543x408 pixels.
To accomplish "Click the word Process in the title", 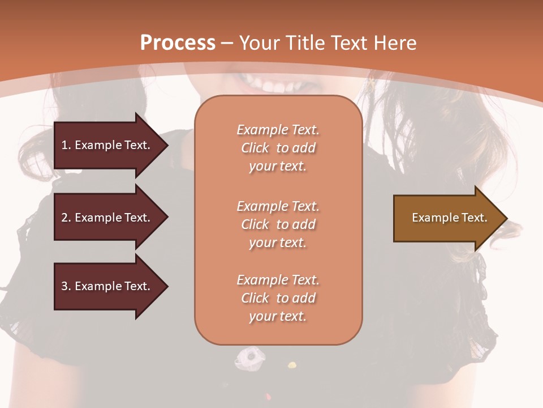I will (178, 42).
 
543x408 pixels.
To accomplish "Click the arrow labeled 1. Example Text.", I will (107, 145).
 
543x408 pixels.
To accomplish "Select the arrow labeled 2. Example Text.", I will (107, 218).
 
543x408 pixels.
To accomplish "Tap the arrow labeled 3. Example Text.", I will (107, 286).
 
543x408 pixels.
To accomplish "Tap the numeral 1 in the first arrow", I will (64, 145).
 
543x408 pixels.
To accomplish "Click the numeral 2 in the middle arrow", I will (64, 218).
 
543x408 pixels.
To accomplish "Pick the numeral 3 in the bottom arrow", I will (64, 286).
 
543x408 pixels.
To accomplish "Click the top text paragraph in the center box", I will (278, 148).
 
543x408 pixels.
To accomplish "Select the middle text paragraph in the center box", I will (278, 224).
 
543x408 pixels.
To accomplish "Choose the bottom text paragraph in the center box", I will (278, 298).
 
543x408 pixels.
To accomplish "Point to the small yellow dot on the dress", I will (292, 364).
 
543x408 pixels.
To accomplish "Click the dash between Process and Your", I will (227, 43).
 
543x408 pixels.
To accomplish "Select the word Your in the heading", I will (258, 42).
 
